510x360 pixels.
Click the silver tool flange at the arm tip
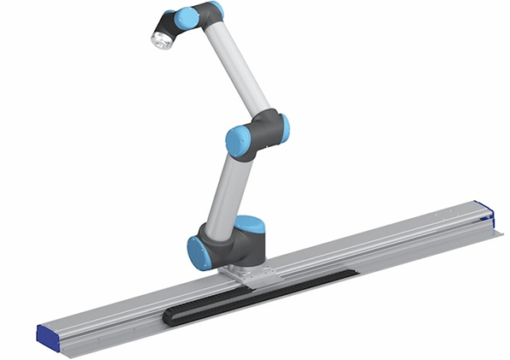(160, 38)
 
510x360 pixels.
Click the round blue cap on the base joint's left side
(199, 253)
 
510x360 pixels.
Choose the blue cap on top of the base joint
(249, 225)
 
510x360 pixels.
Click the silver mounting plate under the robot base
(248, 276)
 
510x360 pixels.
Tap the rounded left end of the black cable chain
(169, 319)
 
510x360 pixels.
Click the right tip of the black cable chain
(353, 272)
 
